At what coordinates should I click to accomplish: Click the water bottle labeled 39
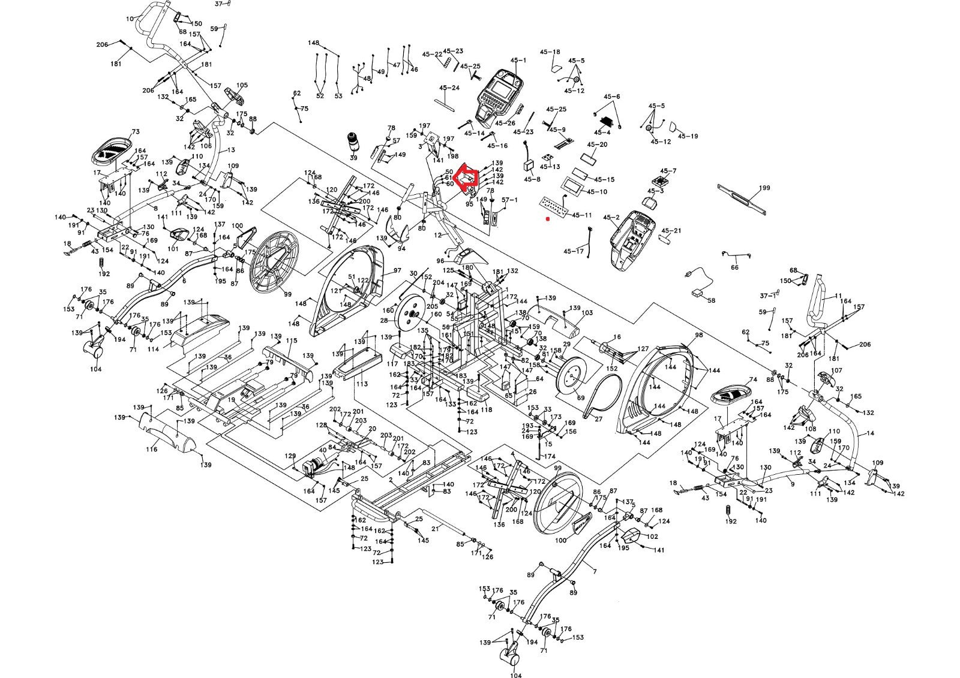tap(353, 142)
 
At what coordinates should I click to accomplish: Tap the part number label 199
tap(764, 188)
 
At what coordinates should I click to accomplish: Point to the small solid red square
tap(547, 219)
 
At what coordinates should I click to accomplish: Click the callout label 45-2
tap(611, 217)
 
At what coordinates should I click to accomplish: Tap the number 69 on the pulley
tap(580, 398)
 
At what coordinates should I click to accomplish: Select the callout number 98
tap(698, 335)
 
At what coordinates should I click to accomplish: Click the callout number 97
tap(397, 271)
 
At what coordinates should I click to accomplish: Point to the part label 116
tap(152, 449)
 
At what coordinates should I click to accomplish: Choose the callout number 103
tap(587, 313)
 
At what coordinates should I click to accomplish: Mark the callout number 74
tap(754, 380)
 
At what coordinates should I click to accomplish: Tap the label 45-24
tap(449, 88)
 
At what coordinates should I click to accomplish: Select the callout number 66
tap(734, 267)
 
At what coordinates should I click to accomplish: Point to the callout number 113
tap(362, 384)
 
